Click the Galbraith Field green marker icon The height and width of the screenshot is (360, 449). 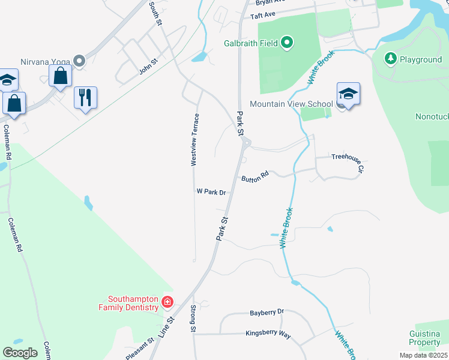tap(287, 43)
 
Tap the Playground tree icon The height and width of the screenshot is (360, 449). tap(391, 58)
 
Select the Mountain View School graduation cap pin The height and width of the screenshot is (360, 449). tap(348, 95)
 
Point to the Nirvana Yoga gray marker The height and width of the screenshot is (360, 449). tap(79, 61)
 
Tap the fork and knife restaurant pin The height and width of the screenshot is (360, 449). tap(85, 97)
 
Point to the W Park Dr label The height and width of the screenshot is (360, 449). tap(211, 192)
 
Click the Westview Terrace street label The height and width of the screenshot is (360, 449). tap(194, 140)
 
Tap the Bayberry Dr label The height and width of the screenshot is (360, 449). tap(266, 313)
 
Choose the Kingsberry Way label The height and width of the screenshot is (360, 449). tap(268, 334)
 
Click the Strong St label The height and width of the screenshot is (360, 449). tap(193, 319)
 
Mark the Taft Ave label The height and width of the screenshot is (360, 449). tap(262, 16)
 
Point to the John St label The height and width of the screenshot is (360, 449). tap(148, 66)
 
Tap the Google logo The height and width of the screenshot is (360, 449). tap(20, 352)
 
